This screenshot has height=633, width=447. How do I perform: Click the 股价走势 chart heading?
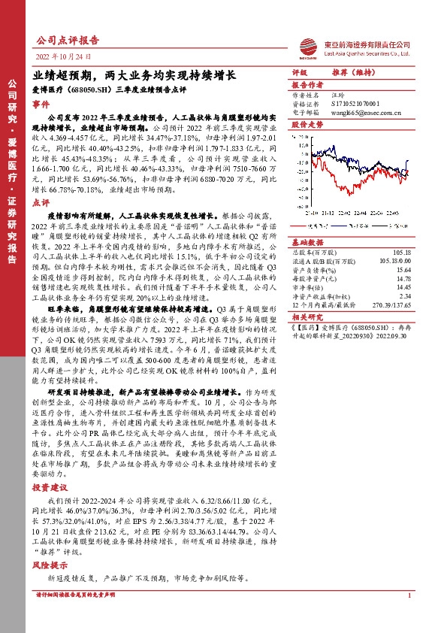(307, 124)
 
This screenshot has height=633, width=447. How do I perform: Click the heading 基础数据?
(307, 242)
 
